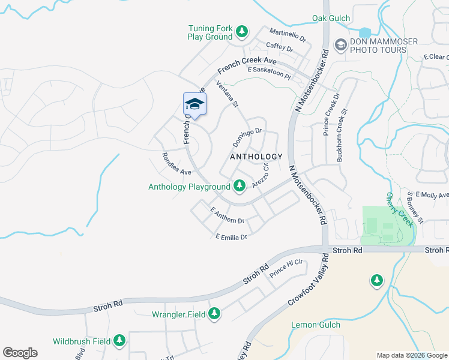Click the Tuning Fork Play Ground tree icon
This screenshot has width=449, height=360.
tap(241, 31)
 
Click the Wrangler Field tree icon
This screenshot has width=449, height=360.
tap(214, 313)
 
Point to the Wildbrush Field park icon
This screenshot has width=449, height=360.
tap(119, 340)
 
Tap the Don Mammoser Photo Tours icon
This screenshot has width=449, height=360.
tap(340, 44)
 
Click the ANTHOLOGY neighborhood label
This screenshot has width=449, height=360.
tap(256, 157)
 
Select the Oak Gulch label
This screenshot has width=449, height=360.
tap(331, 19)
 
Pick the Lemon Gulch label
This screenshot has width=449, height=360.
tap(315, 325)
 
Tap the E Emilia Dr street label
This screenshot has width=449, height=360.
tap(231, 237)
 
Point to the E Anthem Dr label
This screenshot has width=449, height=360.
tap(228, 216)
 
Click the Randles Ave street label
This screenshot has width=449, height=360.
tap(176, 164)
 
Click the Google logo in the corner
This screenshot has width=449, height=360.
tap(20, 353)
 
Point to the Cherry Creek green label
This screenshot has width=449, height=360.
tap(400, 209)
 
